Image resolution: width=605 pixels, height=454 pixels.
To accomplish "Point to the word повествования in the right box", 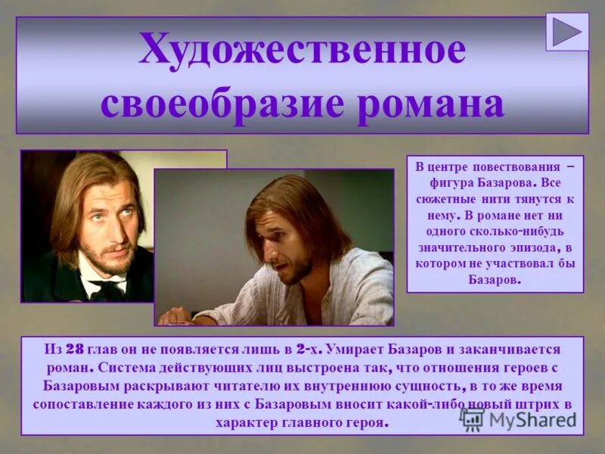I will (x=517, y=166).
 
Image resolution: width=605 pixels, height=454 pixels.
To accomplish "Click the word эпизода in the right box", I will (x=541, y=247).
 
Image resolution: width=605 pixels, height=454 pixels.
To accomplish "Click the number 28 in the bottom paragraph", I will (x=73, y=350).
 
